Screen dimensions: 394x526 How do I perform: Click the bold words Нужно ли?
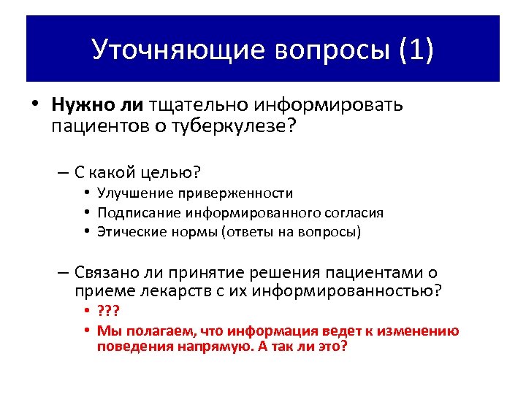click(x=98, y=105)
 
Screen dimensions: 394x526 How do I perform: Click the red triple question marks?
click(x=108, y=313)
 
